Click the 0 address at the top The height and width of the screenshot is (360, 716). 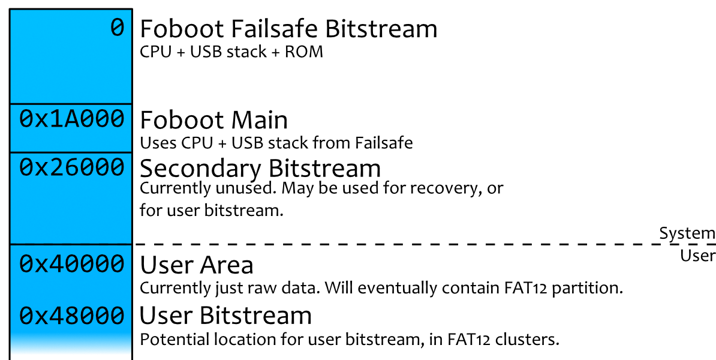(x=117, y=28)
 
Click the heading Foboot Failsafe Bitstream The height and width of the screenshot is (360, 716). (x=288, y=29)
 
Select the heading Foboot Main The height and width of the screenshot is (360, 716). (x=213, y=120)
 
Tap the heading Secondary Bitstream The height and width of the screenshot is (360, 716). (x=260, y=168)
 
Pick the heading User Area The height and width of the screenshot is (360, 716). (x=197, y=265)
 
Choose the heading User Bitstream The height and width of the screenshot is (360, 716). (x=225, y=316)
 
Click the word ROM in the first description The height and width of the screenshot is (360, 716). (x=304, y=52)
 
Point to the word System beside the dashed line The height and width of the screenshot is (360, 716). (x=687, y=233)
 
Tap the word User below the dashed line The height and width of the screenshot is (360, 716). (x=697, y=256)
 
